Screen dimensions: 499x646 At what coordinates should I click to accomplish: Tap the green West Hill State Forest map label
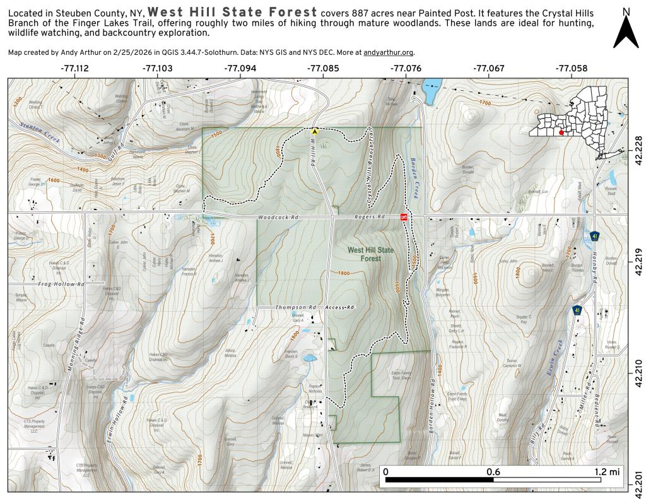click(370, 254)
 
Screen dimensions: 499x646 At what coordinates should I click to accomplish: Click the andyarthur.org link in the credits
click(389, 53)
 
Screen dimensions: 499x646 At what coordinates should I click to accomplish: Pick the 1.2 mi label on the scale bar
click(606, 471)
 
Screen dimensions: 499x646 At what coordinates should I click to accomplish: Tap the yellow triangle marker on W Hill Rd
click(315, 132)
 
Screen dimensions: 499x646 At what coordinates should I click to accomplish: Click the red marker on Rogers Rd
click(404, 216)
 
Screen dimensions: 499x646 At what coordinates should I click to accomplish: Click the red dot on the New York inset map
click(561, 133)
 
